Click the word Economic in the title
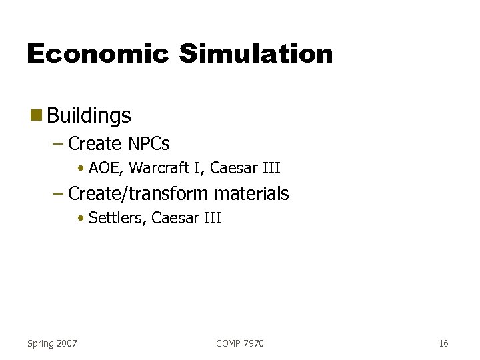97,54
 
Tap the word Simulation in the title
255,54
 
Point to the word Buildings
89,116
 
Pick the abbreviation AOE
104,168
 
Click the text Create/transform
139,194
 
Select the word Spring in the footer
41,343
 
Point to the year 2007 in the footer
67,343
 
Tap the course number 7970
254,343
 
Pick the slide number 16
443,343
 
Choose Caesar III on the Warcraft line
245,168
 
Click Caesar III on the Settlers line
186,218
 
